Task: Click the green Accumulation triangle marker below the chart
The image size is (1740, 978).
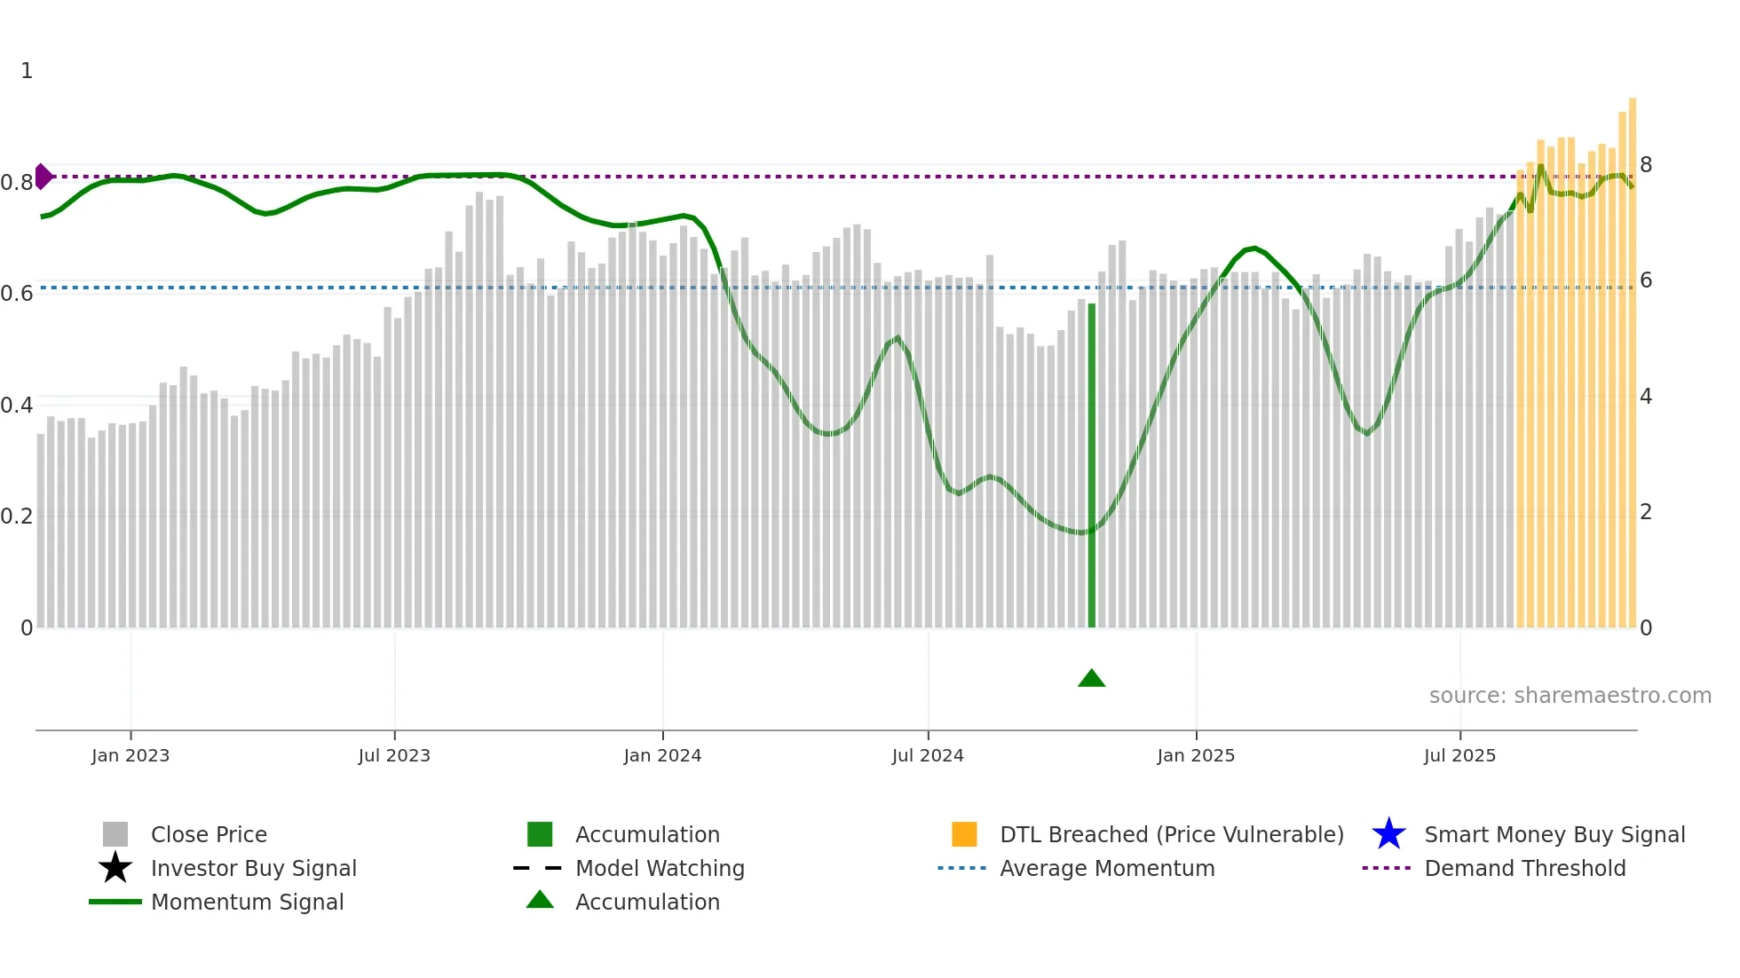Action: [x=1091, y=679]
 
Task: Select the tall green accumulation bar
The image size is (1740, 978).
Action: [x=1092, y=466]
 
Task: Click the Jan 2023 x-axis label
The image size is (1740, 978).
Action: [x=130, y=755]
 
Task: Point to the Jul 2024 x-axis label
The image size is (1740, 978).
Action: [x=928, y=755]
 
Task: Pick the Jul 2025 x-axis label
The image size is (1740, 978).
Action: [x=1459, y=755]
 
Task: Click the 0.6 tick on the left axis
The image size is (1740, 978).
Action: [x=17, y=294]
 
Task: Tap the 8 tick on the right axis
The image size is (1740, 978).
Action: [x=1646, y=165]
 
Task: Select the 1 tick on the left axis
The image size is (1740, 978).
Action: [x=27, y=71]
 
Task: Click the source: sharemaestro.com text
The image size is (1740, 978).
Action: [x=1570, y=696]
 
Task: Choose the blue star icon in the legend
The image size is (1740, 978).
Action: [x=1388, y=834]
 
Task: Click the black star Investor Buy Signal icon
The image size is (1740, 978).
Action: [x=115, y=868]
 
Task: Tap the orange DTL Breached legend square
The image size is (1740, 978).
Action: [x=964, y=834]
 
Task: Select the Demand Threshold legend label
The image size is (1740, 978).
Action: [x=1524, y=868]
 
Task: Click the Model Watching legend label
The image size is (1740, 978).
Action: [x=660, y=868]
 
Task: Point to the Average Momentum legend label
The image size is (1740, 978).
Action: [x=1107, y=868]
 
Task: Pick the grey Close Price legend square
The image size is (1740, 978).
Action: [x=115, y=834]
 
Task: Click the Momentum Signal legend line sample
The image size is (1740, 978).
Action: [x=115, y=902]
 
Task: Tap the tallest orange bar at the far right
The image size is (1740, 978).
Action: [x=1632, y=364]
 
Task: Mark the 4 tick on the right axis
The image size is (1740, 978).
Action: [x=1646, y=397]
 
